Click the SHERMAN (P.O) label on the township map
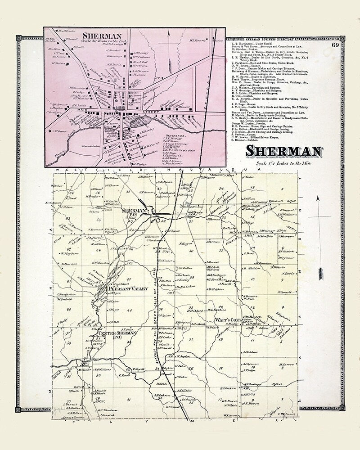point(135,211)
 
